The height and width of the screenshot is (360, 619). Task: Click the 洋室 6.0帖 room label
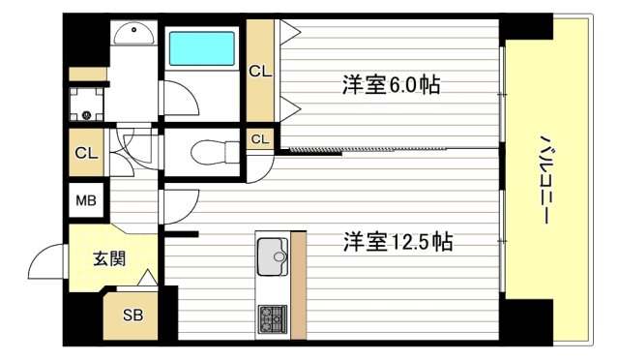(x=391, y=85)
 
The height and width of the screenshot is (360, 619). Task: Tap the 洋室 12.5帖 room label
(x=398, y=241)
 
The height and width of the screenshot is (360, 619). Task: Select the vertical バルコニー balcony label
(x=544, y=180)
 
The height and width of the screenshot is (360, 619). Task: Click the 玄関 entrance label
(x=107, y=258)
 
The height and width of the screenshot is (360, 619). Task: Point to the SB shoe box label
(x=131, y=315)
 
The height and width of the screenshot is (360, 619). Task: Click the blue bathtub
(x=201, y=49)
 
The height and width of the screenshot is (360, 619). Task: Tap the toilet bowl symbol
(x=207, y=152)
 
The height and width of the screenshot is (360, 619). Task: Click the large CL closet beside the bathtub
(x=259, y=70)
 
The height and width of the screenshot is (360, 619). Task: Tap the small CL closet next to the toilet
(x=259, y=139)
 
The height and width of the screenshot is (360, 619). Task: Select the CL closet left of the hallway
(x=86, y=153)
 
